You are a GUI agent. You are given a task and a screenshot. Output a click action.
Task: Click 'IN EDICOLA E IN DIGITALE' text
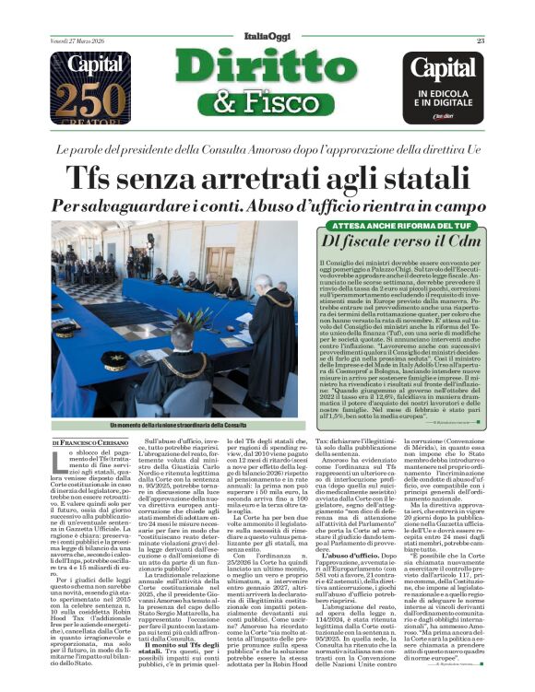coord(448,98)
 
